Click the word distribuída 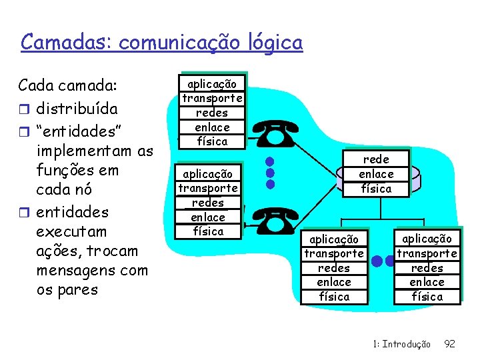77,107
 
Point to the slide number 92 450,344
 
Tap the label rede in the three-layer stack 376,159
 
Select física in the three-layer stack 376,189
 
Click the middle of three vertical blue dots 269,172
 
